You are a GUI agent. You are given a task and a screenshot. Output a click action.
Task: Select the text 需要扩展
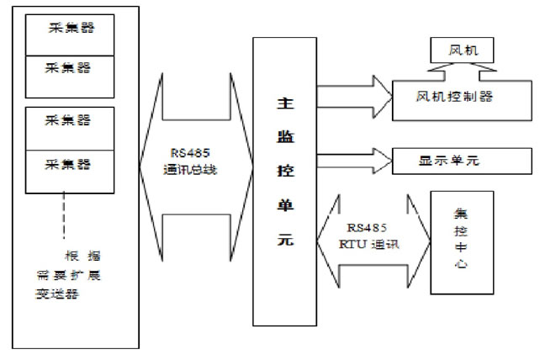69,274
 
